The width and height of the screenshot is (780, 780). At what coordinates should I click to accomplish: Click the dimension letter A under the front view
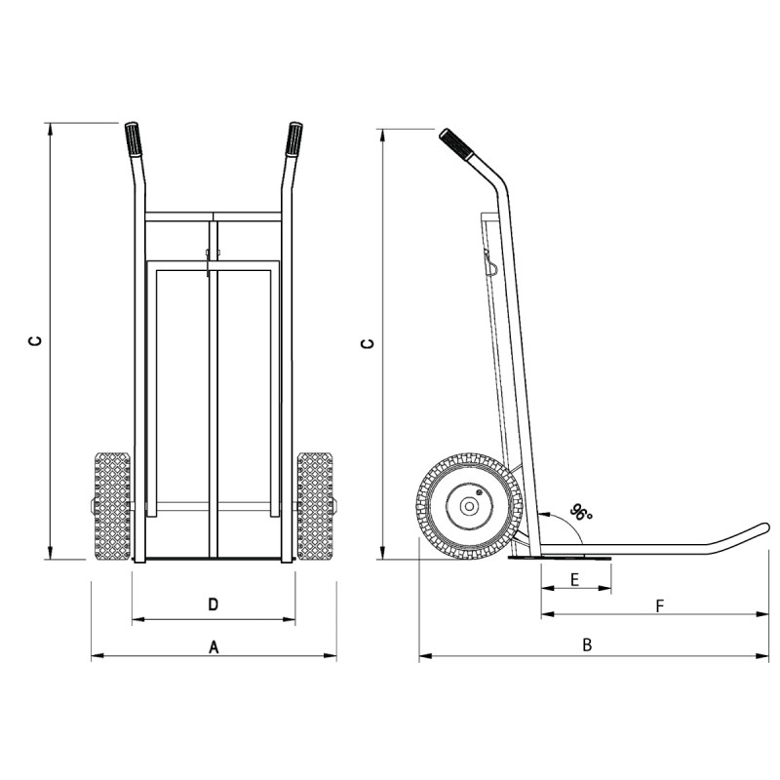214,646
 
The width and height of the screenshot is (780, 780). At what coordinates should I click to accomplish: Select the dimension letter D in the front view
214,604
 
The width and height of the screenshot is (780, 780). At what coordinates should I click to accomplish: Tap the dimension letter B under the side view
587,644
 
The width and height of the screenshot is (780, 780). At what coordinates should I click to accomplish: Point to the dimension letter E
575,579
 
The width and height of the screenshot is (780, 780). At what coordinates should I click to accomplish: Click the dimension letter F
659,605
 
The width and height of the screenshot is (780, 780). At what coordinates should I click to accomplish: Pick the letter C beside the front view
34,341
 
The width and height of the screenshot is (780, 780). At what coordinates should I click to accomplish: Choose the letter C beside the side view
367,343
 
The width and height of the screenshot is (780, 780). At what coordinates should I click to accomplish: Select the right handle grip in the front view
293,140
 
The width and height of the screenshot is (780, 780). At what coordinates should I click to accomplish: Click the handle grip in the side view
456,145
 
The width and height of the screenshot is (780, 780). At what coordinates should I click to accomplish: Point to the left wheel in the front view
112,506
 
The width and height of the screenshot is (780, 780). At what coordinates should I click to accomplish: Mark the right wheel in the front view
315,506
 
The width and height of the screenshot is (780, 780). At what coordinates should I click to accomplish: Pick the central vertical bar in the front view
213,390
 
